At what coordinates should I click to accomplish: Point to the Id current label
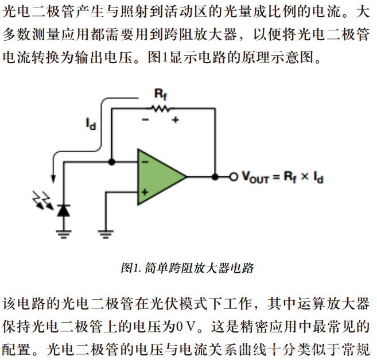90,123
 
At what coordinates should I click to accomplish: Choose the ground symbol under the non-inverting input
105,233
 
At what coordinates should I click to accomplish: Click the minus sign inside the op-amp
144,162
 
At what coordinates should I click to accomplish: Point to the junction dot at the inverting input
112,162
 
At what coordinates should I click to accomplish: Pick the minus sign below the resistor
146,120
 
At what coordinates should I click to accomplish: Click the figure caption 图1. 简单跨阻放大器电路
187,268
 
